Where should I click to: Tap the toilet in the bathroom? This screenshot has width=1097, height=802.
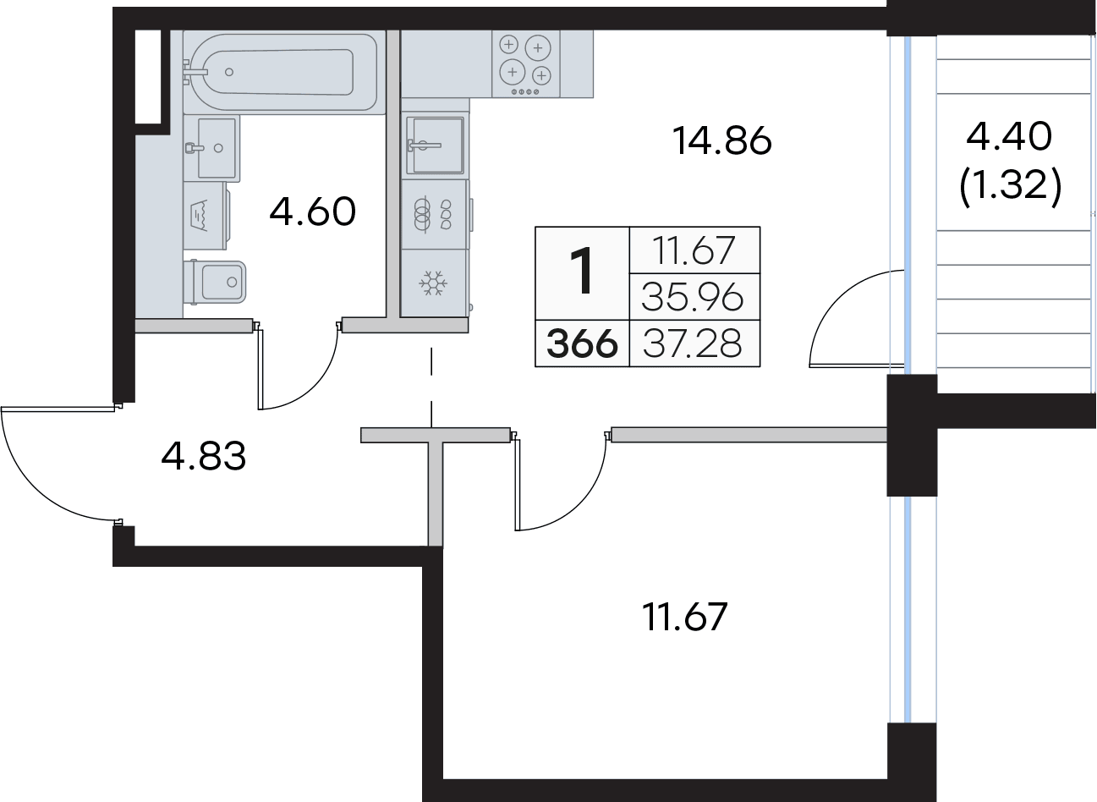point(215,282)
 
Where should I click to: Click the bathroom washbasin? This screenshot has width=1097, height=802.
point(211,148)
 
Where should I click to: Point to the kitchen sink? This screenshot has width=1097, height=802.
point(435,146)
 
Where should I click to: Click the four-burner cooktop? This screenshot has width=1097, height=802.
point(525,63)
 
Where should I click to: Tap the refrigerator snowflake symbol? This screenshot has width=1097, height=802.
point(433,283)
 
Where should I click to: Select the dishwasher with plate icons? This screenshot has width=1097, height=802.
point(434,214)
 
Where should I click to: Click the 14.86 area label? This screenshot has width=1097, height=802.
point(721,141)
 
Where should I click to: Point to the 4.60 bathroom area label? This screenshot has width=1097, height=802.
point(312,211)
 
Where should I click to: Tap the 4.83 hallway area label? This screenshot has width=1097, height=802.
point(203,456)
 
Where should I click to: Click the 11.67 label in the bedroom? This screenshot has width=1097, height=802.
point(684,618)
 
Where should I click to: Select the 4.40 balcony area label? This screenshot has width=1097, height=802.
point(1009,136)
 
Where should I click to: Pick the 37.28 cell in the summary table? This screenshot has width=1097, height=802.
point(693,343)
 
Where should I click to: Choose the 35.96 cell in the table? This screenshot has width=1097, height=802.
point(693,297)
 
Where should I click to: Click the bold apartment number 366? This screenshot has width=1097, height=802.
point(582,343)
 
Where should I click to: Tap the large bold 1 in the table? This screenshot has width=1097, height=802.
point(583,271)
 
